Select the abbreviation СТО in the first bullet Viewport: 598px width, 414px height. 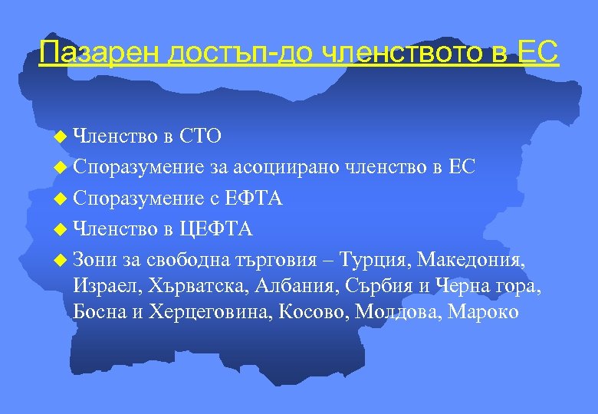tap(200, 136)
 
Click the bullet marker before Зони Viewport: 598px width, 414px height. tap(62, 260)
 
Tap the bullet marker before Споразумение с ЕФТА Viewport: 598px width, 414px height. tap(62, 199)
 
